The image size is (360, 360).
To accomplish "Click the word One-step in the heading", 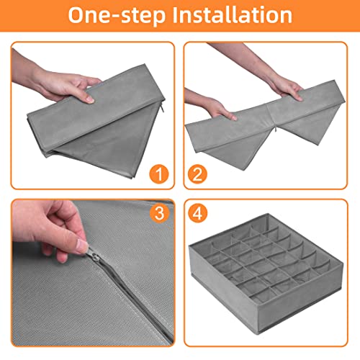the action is point(117,15).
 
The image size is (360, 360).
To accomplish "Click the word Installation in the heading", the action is point(233,15).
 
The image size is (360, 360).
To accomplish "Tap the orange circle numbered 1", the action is point(159,174).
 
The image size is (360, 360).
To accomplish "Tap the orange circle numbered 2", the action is point(197,174).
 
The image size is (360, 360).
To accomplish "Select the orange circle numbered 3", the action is point(159,213).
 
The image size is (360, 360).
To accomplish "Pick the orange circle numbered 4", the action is point(197,213).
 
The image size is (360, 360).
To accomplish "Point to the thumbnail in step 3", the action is point(82,246).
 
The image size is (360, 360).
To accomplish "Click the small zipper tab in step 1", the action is point(163,109).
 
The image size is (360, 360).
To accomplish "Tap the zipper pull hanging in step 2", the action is point(276,129).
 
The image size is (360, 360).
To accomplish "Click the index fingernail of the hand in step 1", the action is point(91,99).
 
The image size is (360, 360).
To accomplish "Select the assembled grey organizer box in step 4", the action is point(266,273).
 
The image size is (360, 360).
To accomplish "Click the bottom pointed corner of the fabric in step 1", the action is point(132,178).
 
